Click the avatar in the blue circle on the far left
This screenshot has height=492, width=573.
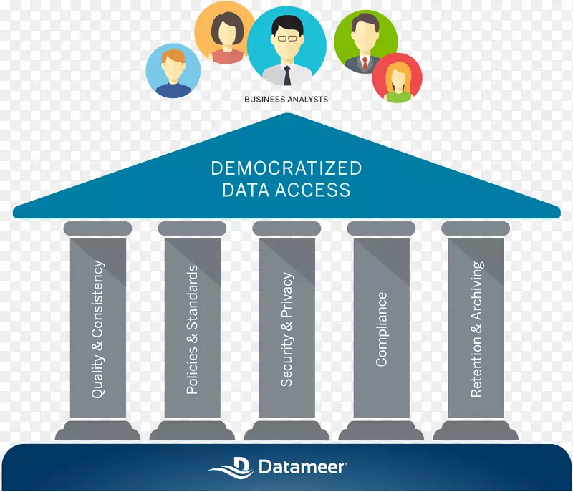[173, 72]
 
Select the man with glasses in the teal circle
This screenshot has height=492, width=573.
[286, 47]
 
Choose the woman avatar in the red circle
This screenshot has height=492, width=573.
[397, 77]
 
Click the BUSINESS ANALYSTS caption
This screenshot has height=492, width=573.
[286, 100]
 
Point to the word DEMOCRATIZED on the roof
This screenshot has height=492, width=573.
[286, 168]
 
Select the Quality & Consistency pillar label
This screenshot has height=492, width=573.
[98, 329]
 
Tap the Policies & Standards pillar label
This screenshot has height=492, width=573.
[192, 329]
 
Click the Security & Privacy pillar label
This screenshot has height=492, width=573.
[286, 329]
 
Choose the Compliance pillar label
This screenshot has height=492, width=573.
[381, 329]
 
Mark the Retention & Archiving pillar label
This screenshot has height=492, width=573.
[476, 329]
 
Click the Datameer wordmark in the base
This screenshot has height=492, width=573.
[302, 467]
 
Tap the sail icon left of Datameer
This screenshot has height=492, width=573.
[233, 466]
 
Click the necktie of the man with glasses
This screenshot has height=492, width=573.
[286, 74]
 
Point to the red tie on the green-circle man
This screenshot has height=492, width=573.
[364, 63]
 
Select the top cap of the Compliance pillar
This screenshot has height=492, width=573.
[381, 228]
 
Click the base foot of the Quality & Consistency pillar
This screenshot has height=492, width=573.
[98, 430]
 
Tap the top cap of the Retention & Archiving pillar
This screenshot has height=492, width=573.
[476, 228]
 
